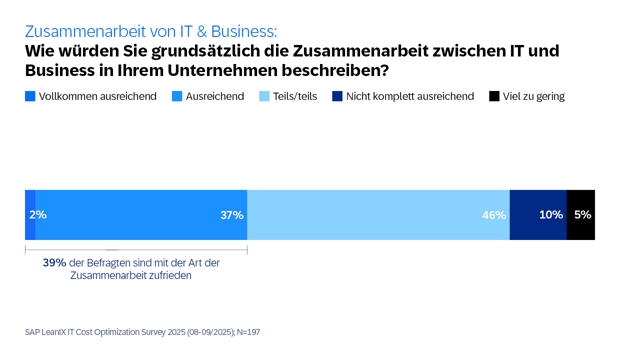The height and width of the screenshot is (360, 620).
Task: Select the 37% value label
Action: click(232, 215)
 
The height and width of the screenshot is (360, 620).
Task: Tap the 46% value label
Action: click(494, 215)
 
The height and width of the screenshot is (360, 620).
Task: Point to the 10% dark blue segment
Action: click(538, 214)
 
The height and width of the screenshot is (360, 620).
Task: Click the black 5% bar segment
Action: click(581, 214)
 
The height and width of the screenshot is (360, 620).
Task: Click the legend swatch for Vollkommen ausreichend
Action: click(30, 97)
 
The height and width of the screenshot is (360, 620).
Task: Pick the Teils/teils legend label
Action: click(296, 97)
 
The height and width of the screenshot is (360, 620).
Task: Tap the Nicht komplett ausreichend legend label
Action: click(410, 97)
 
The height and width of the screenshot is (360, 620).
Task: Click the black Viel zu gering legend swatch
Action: click(494, 97)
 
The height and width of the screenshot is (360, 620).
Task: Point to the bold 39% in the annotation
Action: click(54, 263)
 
